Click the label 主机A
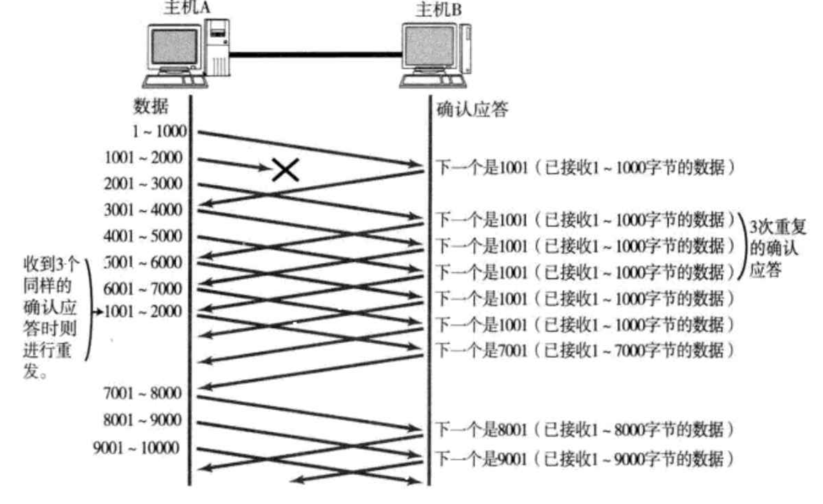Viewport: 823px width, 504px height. click(x=187, y=7)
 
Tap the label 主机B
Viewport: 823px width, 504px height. click(x=439, y=9)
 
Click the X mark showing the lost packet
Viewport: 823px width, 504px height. click(x=285, y=170)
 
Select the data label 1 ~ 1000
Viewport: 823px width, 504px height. click(x=159, y=131)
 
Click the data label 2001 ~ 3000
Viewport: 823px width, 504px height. click(x=143, y=184)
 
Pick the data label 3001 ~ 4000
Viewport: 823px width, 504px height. click(x=143, y=210)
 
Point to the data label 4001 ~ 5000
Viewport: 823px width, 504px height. click(x=143, y=236)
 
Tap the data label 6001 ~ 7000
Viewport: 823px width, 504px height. click(x=143, y=288)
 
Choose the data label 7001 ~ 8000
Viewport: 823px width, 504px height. click(x=142, y=393)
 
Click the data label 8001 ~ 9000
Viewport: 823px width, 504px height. click(x=142, y=420)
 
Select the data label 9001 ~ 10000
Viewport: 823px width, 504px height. click(x=137, y=448)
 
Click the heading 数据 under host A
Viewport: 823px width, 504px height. click(x=150, y=106)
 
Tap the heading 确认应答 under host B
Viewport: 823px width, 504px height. click(x=472, y=110)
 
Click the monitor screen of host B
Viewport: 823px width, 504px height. click(x=429, y=47)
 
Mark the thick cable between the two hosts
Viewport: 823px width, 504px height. click(x=315, y=54)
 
